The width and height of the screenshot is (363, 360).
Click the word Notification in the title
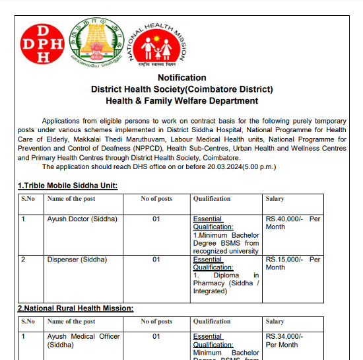tap(181, 78)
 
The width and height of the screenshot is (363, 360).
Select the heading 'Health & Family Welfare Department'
tap(181, 101)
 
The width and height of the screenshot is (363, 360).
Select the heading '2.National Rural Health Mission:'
tap(75, 308)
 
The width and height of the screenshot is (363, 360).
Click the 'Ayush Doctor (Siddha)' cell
tap(82, 219)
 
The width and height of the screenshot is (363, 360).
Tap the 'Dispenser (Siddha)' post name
tap(77, 260)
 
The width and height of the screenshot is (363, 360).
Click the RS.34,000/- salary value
tap(284, 336)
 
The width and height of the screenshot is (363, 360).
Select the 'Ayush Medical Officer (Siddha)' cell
tap(83, 340)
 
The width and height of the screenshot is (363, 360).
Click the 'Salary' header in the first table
tap(275, 199)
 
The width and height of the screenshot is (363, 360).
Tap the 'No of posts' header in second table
tap(156, 322)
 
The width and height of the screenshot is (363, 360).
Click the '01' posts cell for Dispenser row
tap(156, 260)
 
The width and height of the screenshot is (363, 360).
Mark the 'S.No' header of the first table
tap(28, 199)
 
